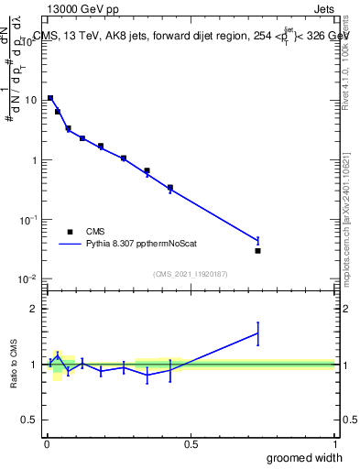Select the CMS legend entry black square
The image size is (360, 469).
click(x=69, y=232)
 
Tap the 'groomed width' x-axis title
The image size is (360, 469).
click(x=305, y=457)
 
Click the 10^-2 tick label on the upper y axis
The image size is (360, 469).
click(x=27, y=279)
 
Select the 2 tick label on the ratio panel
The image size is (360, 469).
click(x=33, y=309)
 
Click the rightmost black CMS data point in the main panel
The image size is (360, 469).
click(x=258, y=250)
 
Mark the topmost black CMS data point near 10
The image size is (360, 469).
click(x=50, y=98)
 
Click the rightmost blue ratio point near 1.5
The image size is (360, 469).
click(x=258, y=333)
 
